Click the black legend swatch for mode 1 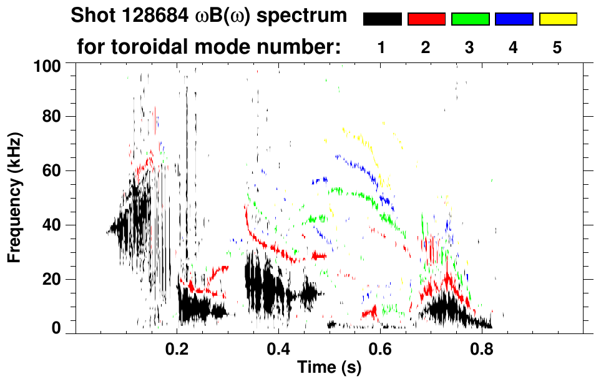(382, 19)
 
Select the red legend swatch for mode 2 (426, 19)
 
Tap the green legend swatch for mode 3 (470, 19)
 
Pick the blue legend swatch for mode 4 (514, 19)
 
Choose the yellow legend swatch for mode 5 (557, 19)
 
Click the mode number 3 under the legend (470, 48)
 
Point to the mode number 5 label (557, 48)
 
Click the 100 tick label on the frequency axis (45, 66)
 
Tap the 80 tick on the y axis (50, 117)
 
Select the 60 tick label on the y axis (50, 170)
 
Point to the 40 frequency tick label (50, 225)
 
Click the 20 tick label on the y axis (50, 279)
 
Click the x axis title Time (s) (328, 368)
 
